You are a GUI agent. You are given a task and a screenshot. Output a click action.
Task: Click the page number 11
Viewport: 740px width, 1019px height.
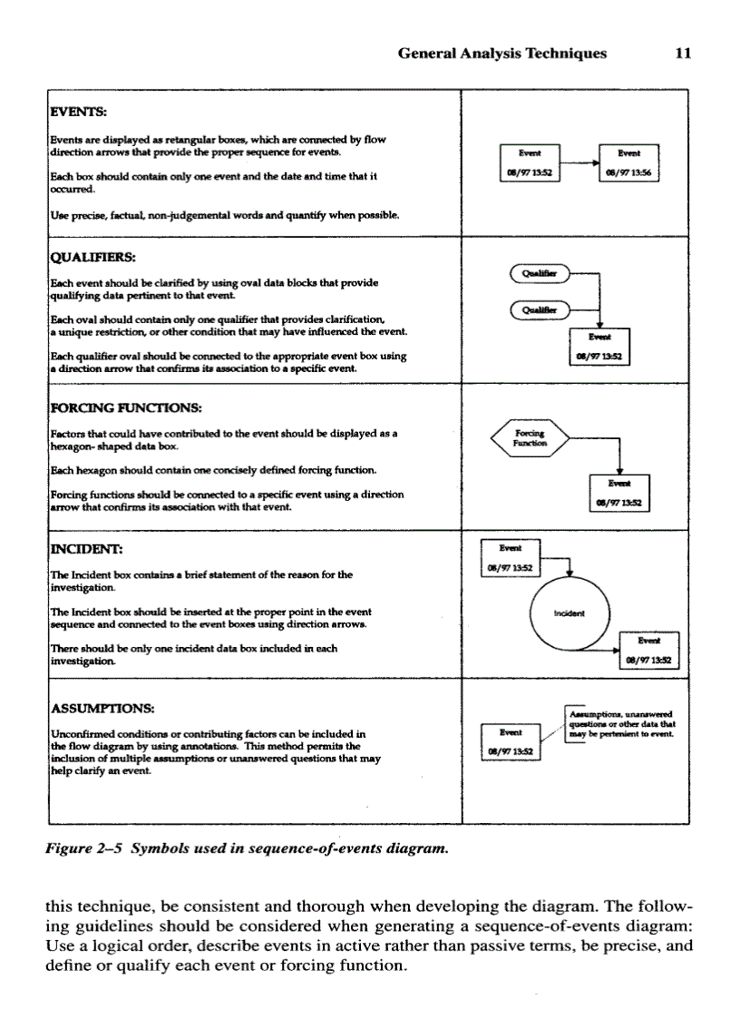pyautogui.click(x=684, y=54)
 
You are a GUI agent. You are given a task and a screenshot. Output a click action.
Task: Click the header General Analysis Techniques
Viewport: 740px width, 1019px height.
pyautogui.click(x=502, y=54)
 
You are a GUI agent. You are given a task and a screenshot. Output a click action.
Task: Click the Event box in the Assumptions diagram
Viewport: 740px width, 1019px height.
pyautogui.click(x=510, y=741)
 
